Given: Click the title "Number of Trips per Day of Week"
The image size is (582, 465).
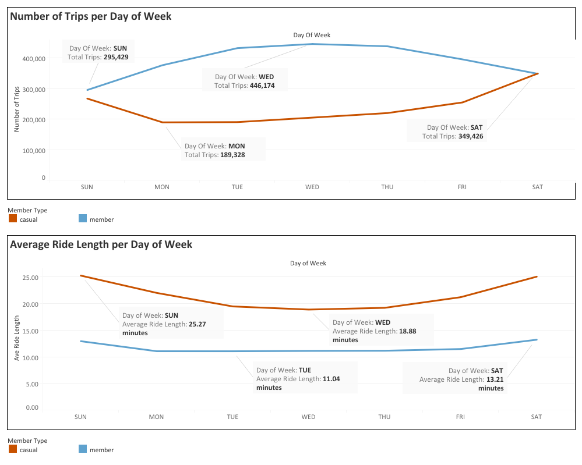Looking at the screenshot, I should click(91, 16).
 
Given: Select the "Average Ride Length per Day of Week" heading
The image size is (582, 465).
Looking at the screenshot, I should click(101, 244).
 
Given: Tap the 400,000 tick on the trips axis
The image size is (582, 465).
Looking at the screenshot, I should click(34, 59).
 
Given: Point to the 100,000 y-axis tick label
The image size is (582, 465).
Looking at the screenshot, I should click(34, 150).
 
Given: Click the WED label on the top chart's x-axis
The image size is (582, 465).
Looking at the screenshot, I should click(312, 187).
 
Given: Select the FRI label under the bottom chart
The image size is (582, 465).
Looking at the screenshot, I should click(460, 417).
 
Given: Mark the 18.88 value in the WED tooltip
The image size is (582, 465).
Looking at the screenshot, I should click(407, 331).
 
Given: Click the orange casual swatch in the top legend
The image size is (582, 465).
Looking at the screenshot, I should click(13, 219).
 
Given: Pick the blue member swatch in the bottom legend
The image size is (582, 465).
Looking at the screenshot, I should click(82, 449).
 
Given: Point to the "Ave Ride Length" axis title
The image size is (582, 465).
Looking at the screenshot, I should click(17, 338).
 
